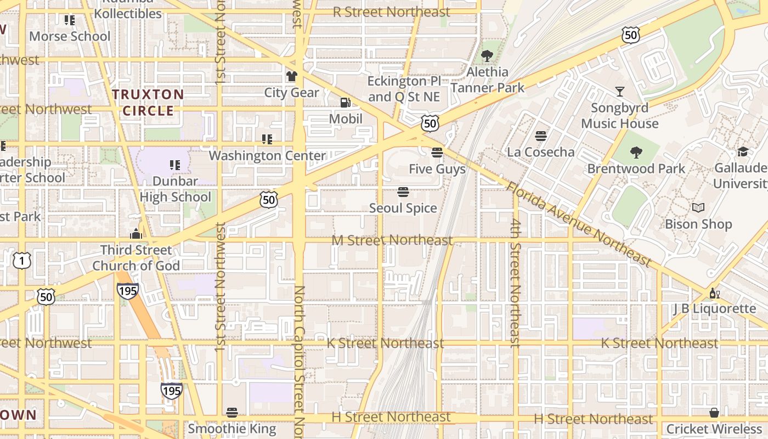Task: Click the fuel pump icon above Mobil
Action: coord(345,102)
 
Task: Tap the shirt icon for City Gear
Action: coord(291,76)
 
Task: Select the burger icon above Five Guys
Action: coord(437,153)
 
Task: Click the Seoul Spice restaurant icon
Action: coord(403,192)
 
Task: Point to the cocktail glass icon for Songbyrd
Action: coord(620,92)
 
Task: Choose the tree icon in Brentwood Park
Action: coord(636,153)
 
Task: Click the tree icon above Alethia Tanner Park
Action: coord(487,56)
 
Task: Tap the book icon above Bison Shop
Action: coord(698,208)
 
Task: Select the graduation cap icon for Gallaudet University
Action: coord(743,152)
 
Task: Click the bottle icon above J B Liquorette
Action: coord(714,293)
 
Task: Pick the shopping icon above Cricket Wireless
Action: coord(714,413)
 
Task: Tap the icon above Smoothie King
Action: coord(231,413)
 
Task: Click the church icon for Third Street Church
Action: coord(136,234)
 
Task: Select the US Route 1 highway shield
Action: coord(21,261)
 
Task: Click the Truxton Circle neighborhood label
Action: coord(148,103)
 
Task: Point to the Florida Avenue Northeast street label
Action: coord(578,224)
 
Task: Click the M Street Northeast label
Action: coord(392,240)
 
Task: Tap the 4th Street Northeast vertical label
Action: coord(515,283)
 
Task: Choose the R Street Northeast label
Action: coord(392,12)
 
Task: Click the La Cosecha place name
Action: coord(541,152)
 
